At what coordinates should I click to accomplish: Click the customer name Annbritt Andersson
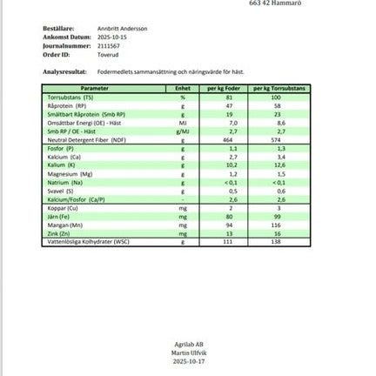[x=122, y=28]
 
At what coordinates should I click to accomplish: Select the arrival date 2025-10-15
[x=111, y=37]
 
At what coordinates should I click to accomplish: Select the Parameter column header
[x=106, y=89]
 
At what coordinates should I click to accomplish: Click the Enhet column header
[x=183, y=89]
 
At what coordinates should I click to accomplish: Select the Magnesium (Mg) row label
[x=70, y=172]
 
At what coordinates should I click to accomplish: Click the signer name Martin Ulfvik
[x=189, y=352]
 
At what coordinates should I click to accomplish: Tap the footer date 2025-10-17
[x=189, y=359]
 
